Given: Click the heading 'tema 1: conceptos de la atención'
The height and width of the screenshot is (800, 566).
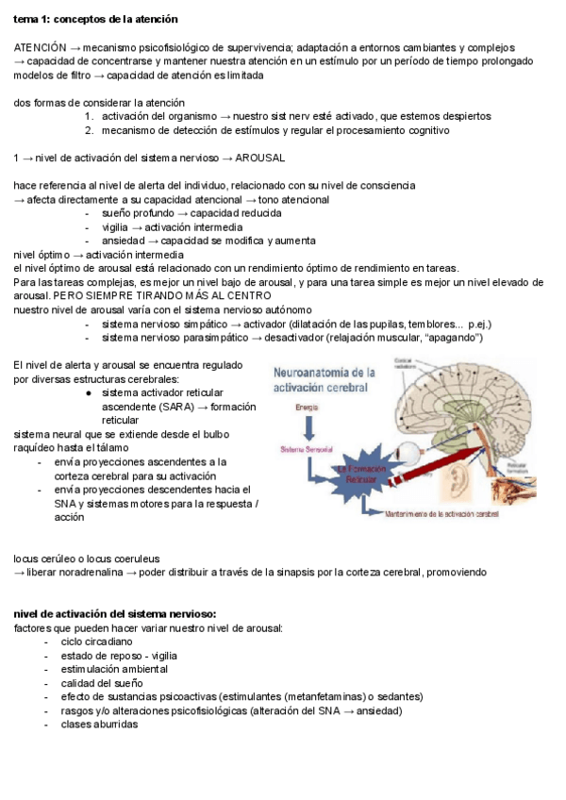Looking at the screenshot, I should (x=95, y=19).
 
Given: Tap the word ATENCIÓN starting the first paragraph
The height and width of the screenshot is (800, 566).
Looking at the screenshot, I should (x=40, y=47).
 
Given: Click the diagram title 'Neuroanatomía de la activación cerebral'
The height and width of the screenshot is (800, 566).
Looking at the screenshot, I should (x=325, y=380).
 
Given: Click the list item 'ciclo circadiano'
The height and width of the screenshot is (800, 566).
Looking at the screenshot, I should (x=96, y=642).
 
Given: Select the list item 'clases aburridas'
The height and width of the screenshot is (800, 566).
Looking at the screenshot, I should (x=99, y=725).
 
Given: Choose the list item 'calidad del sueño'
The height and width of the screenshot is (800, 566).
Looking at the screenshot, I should (x=101, y=684).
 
